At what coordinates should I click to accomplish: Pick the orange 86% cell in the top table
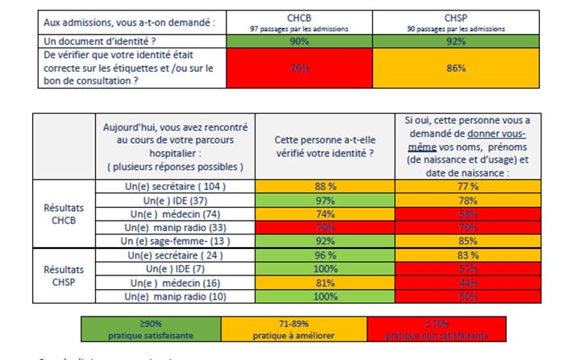tap(457, 68)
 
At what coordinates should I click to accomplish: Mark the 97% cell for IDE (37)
tap(326, 200)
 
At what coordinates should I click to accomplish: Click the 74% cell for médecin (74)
tap(326, 213)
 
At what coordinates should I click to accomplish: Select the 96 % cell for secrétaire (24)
tap(326, 254)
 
